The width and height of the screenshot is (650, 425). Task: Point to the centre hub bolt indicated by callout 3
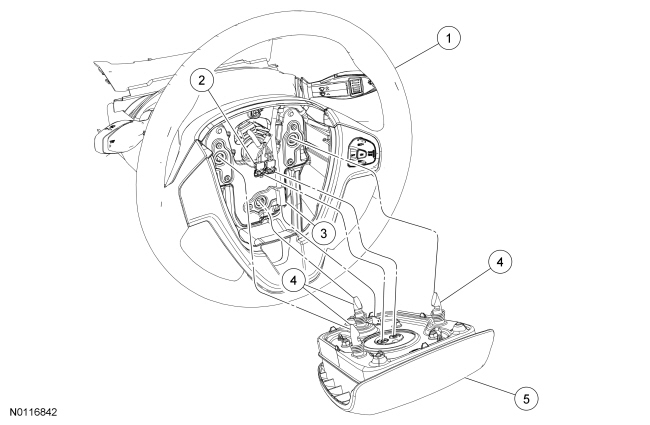point(265,207)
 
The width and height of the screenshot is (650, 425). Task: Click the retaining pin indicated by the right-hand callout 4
point(437,300)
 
